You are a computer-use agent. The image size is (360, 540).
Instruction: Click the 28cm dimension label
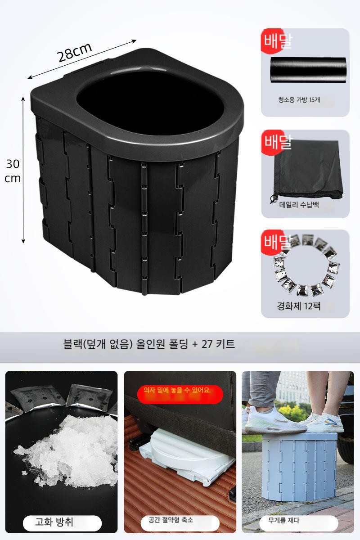pyautogui.click(x=75, y=52)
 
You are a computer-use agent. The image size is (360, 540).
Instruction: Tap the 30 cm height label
pyautogui.click(x=12, y=171)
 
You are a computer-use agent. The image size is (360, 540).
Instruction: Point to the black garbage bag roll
pyautogui.click(x=308, y=70)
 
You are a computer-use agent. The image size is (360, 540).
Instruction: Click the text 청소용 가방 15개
pyautogui.click(x=299, y=99)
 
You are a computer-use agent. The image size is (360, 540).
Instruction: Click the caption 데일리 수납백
pyautogui.click(x=299, y=205)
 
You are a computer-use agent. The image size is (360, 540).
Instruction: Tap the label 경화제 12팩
pyautogui.click(x=298, y=306)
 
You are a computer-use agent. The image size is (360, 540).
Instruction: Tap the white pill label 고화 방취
pyautogui.click(x=62, y=522)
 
